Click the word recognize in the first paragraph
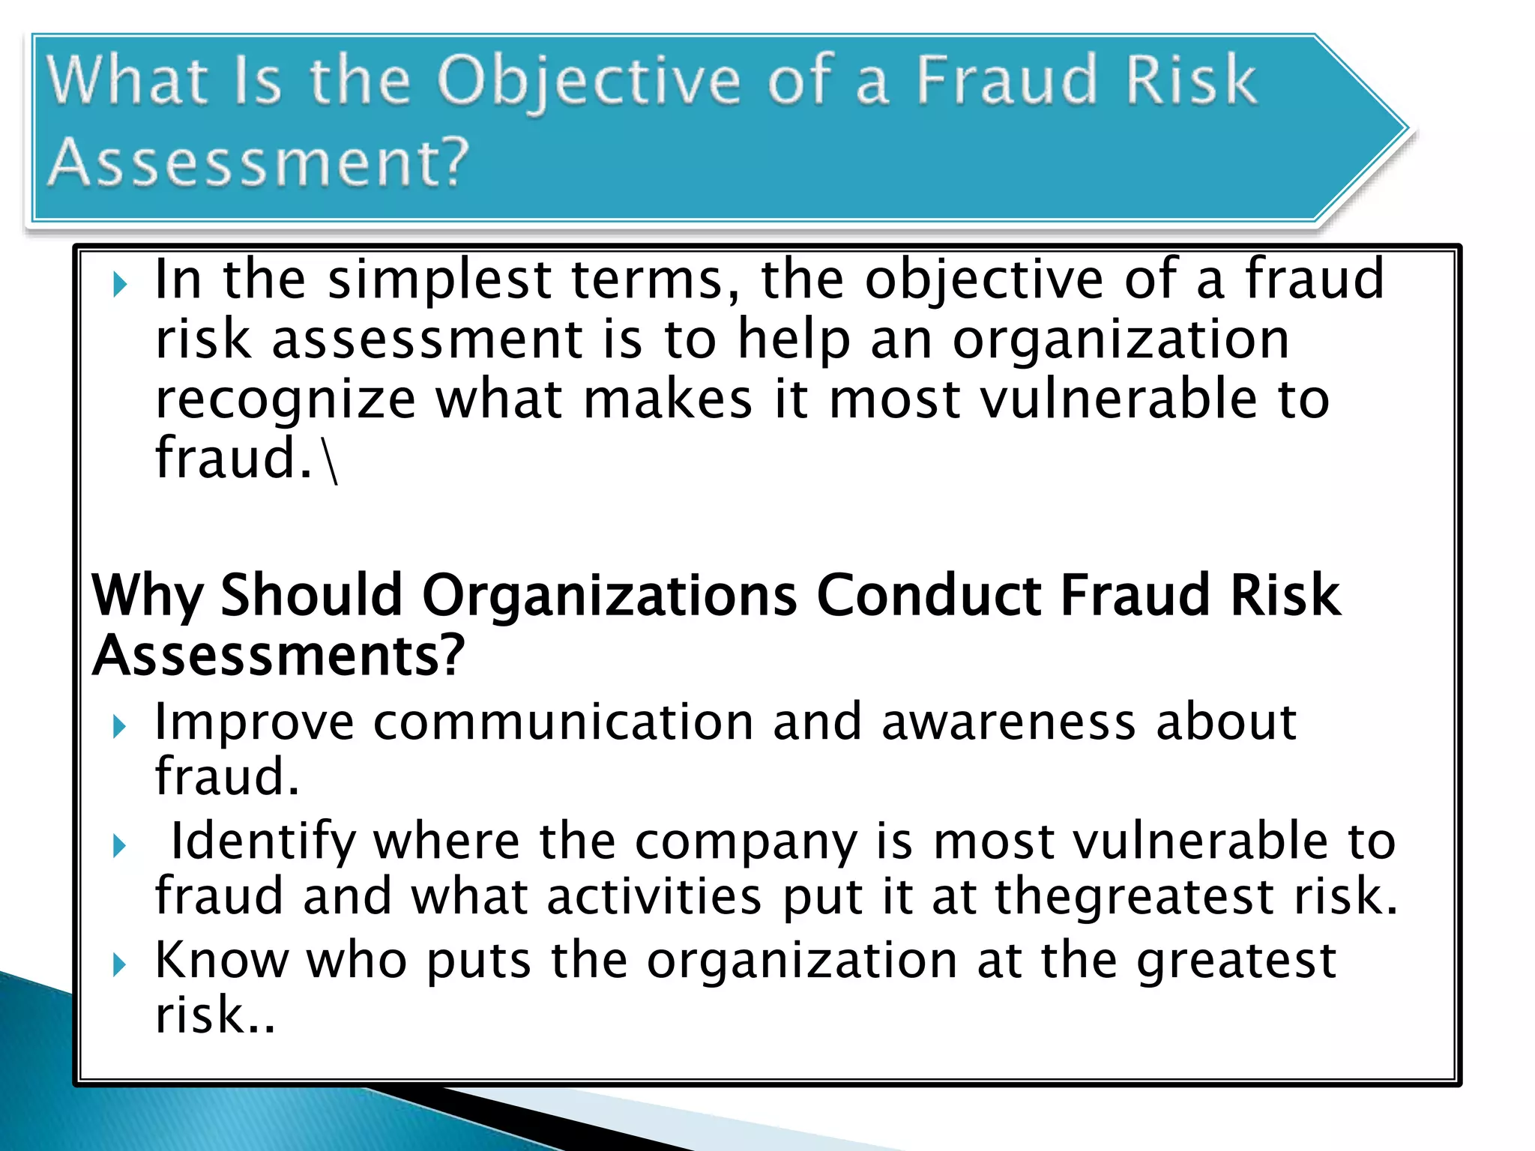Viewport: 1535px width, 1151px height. point(285,400)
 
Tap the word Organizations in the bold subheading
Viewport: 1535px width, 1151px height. point(609,596)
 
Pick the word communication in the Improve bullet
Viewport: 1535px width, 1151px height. point(563,723)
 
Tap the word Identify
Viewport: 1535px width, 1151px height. point(262,842)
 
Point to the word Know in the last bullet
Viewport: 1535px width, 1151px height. point(222,960)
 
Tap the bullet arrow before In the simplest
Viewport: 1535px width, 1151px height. point(120,285)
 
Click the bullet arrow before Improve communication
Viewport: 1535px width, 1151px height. point(120,726)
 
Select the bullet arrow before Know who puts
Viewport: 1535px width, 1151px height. point(120,964)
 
